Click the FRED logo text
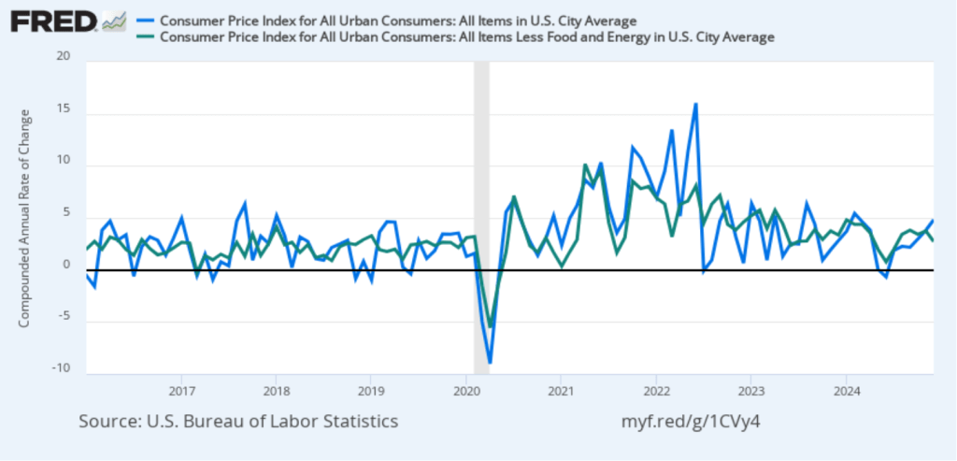coord(52,21)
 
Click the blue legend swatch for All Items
coord(145,20)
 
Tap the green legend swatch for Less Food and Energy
coord(145,37)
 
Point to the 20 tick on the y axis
coord(64,56)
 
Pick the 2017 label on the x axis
coord(181,388)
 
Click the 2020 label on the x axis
coord(465,388)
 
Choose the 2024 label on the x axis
coord(846,388)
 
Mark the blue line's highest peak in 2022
coord(695,104)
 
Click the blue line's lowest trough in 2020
coord(490,362)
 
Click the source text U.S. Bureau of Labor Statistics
coord(238,422)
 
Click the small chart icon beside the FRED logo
coord(114,20)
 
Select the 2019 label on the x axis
coord(371,388)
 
